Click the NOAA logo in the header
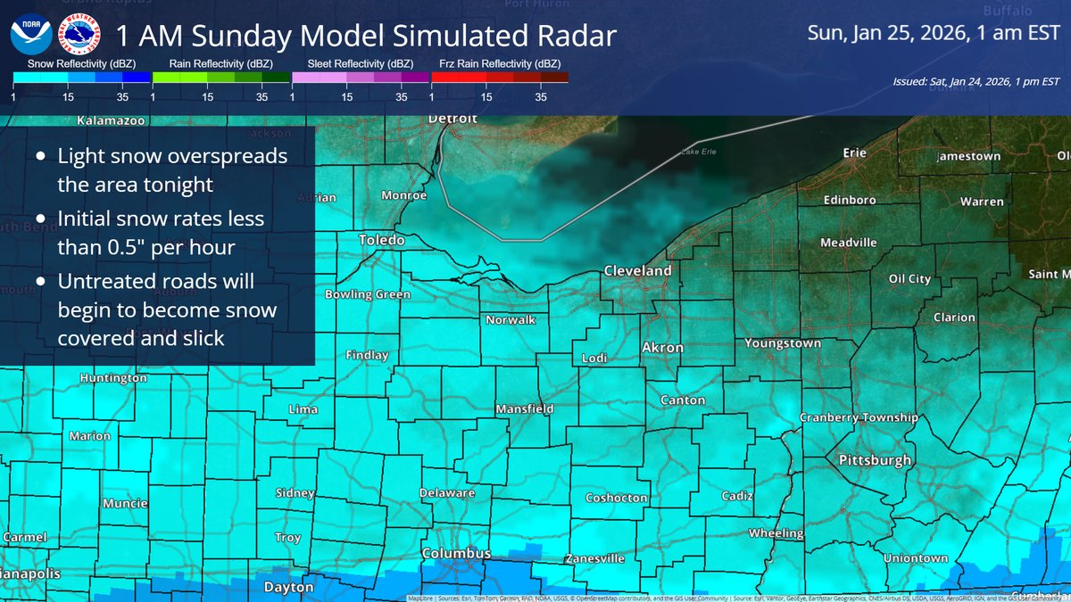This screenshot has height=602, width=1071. click(29, 37)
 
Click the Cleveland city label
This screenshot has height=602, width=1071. click(637, 270)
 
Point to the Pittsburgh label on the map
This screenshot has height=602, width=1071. click(875, 460)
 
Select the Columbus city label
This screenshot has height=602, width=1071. click(456, 554)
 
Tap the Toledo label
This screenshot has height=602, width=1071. click(381, 240)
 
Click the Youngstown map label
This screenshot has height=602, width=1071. click(783, 343)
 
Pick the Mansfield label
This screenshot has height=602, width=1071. click(525, 409)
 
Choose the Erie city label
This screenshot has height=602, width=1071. click(854, 153)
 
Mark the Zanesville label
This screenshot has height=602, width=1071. click(595, 559)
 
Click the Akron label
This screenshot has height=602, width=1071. click(663, 348)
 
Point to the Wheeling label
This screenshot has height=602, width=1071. click(776, 533)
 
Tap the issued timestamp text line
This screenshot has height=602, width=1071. click(976, 81)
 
